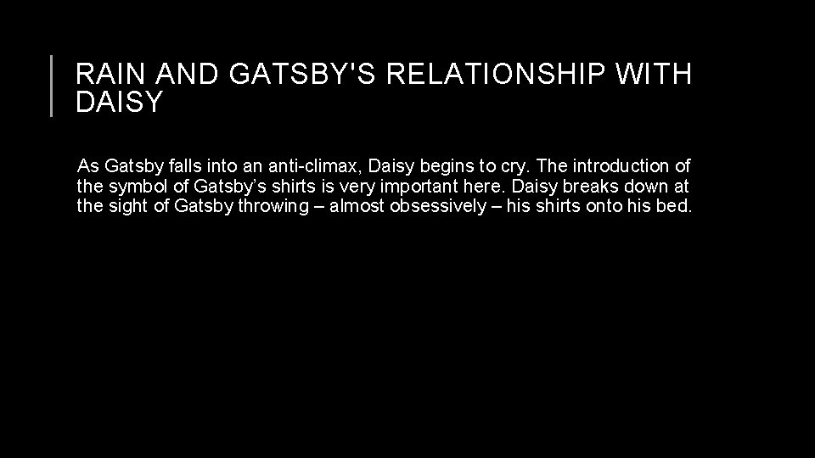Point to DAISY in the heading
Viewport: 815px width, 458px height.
(x=119, y=103)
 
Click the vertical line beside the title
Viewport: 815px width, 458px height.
(x=52, y=86)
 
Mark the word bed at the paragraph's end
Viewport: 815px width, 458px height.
(x=678, y=208)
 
